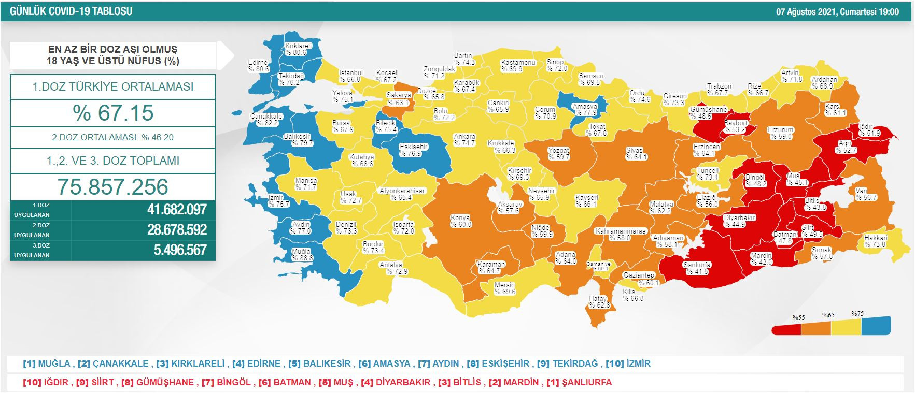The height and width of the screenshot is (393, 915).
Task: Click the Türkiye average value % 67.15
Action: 112,113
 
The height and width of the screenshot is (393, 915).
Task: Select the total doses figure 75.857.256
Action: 112,187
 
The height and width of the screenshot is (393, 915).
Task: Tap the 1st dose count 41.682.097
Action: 176,210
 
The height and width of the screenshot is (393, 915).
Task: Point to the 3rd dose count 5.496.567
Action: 180,250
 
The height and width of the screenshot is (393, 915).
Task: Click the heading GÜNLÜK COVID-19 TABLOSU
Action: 71,11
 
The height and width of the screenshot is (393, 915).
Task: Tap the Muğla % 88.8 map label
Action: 302,254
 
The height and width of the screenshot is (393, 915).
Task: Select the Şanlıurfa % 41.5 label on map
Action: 697,268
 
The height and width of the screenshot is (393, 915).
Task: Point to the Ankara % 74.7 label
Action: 464,140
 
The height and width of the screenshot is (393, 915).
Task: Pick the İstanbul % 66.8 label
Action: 350,76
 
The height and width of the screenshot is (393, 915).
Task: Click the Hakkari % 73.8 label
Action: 875,241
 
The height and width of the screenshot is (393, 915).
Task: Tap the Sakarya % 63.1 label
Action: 398,99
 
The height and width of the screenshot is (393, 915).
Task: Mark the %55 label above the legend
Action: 798,317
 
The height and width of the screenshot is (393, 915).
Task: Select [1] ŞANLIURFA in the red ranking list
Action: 579,382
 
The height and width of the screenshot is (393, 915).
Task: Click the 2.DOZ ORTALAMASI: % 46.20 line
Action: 112,138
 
